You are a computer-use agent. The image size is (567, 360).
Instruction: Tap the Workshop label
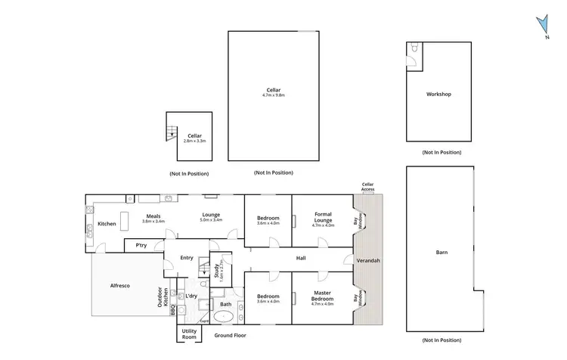[x=438, y=95]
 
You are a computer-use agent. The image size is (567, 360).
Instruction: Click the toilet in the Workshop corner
[x=414, y=49]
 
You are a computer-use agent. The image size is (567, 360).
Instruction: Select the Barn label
[x=442, y=253]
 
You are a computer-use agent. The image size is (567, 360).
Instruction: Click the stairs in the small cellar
[x=172, y=134]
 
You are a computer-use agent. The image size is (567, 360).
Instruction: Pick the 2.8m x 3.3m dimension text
[x=195, y=141]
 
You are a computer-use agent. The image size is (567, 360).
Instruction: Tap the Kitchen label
[x=106, y=224]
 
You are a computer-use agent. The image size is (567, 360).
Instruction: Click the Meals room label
[x=153, y=216]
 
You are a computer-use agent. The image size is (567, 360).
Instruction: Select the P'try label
[x=141, y=246]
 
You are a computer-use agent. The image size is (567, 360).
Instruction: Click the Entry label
[x=186, y=258]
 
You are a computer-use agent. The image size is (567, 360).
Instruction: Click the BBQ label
[x=172, y=310]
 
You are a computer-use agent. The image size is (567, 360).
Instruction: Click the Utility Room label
[x=189, y=334]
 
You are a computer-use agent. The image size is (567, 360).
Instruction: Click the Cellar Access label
[x=368, y=187]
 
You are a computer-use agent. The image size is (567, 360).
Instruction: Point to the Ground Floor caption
[x=230, y=335]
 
